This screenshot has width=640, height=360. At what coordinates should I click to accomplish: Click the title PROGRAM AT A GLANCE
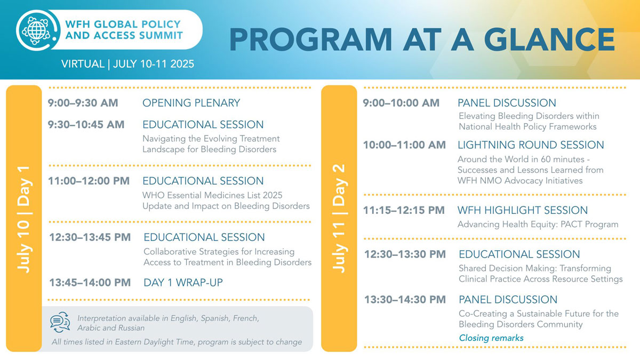coord(421,39)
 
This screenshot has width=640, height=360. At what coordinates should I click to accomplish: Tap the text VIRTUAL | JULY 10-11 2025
coord(127,64)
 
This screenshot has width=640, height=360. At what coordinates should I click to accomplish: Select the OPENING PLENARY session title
coord(191,103)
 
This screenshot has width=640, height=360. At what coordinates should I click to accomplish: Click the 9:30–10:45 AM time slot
coord(86,125)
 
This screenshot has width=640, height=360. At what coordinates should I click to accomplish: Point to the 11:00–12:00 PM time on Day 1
coord(89,181)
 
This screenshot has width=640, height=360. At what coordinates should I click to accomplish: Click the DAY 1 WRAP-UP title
coord(183,283)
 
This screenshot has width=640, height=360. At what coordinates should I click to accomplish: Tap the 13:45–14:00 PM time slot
coord(90,283)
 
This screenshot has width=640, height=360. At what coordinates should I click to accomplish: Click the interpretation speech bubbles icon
coord(60,322)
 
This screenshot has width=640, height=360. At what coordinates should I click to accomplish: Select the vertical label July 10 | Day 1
coord(24,219)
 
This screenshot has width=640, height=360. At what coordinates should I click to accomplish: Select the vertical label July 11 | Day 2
coord(339,219)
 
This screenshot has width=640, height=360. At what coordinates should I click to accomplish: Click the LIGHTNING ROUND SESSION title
coord(531,145)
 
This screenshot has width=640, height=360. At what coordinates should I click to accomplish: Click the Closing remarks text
coord(491,338)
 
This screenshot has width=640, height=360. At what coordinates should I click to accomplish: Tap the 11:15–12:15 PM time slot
coord(404,210)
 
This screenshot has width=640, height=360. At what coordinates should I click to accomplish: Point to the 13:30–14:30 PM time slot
coord(405,300)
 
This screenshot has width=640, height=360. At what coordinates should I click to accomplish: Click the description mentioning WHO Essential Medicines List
coord(226,201)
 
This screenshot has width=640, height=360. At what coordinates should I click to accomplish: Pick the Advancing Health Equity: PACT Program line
coord(538,224)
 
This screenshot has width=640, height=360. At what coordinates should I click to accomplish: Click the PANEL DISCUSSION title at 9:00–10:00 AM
coord(507,103)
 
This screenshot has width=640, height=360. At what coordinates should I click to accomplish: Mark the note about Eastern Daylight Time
coord(177,342)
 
